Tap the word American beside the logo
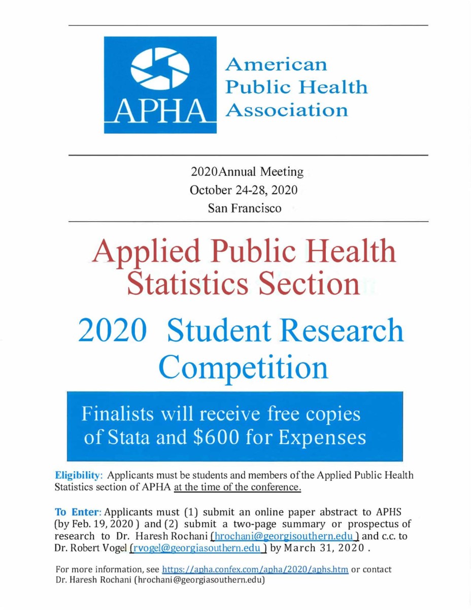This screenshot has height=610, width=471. [277, 65]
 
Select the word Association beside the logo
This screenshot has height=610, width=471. [287, 110]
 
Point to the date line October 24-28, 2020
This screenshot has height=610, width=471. [243, 191]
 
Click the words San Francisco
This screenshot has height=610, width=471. [244, 208]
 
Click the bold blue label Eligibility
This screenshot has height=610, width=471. [79, 476]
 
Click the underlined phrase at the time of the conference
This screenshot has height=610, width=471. [238, 489]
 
